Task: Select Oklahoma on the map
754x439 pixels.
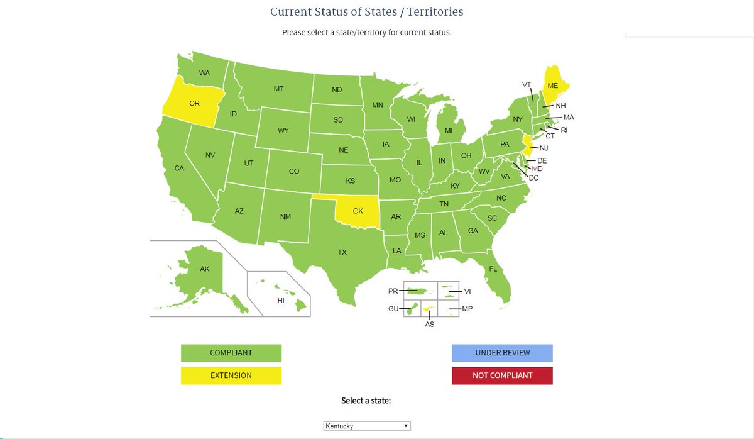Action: point(358,211)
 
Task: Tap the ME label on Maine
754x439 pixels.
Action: point(553,86)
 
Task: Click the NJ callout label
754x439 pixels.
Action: point(544,148)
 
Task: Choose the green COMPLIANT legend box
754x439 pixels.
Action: point(231,353)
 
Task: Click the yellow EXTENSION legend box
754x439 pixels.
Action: point(231,375)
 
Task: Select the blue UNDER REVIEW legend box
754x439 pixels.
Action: point(502,353)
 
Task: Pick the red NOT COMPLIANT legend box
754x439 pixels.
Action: point(502,375)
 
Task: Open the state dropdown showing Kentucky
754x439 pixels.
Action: point(367,426)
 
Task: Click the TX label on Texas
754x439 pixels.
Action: point(342,252)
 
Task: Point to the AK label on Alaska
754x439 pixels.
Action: point(205,269)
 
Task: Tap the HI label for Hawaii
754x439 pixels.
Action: point(281,301)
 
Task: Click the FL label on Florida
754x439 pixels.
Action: point(493,269)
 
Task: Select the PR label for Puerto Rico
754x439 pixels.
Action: point(393,291)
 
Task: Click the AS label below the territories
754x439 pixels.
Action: point(430,325)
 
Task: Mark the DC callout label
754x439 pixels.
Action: point(533,178)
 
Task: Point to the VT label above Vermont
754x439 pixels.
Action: point(527,84)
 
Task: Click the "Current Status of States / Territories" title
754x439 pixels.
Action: point(367,12)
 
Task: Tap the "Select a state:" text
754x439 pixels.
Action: point(366,401)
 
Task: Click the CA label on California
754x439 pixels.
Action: point(179,168)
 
